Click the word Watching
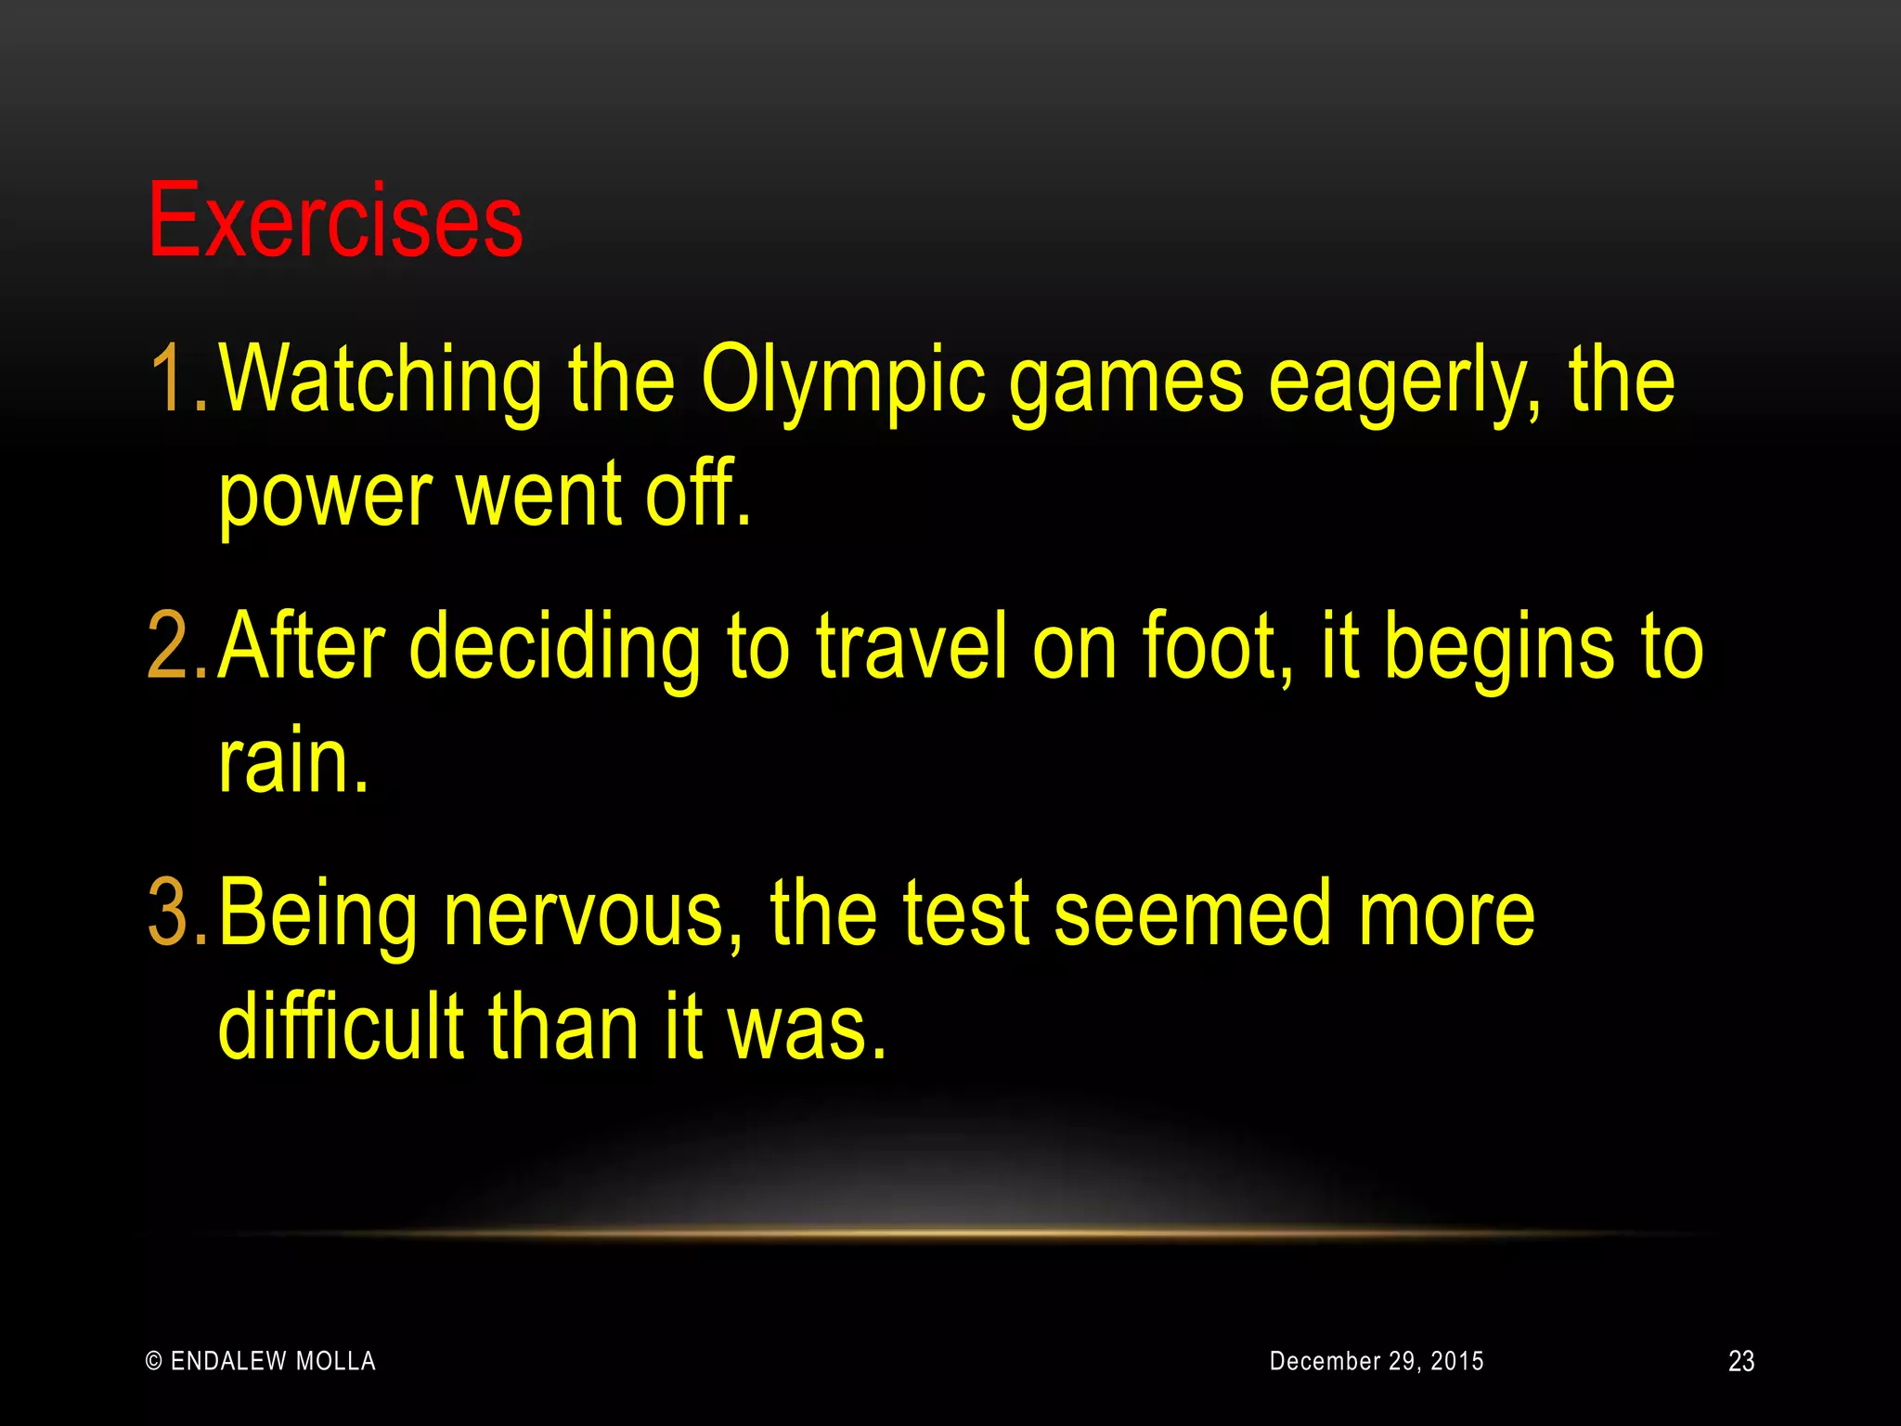[381, 379]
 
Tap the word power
[325, 497]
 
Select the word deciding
[554, 646]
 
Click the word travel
[911, 646]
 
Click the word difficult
[341, 1027]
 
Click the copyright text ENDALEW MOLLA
[262, 1361]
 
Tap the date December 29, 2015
[1376, 1361]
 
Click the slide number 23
[1740, 1361]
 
